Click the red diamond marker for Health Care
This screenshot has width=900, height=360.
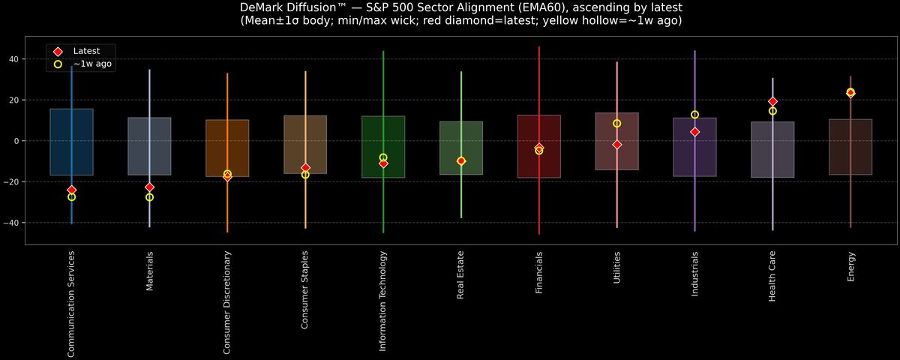click(772, 101)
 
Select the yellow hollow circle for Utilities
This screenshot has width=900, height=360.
click(616, 124)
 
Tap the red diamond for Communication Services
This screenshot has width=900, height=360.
click(71, 190)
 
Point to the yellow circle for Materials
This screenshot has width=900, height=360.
click(149, 197)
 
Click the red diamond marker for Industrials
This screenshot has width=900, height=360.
click(694, 132)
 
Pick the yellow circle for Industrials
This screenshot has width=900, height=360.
click(694, 115)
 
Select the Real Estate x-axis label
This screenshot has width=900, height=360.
click(461, 276)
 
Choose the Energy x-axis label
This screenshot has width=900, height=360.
click(850, 267)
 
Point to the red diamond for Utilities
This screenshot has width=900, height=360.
click(616, 144)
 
